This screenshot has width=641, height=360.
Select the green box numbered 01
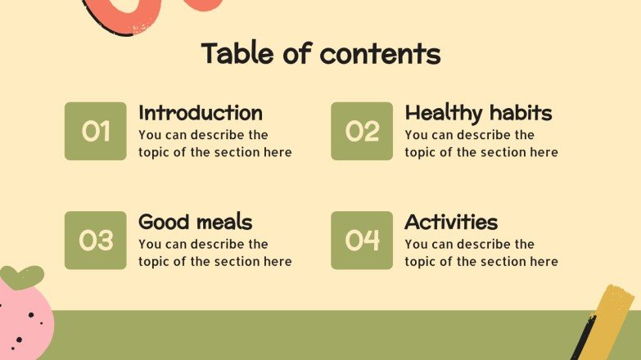pos(96,131)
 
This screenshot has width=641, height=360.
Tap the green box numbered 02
pos(362,131)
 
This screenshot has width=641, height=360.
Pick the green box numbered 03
pos(96,240)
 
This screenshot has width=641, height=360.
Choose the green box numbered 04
pos(362,240)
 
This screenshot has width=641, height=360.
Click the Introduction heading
pos(201,113)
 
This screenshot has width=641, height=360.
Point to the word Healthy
pos(445,113)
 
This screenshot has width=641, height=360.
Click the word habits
pos(521,113)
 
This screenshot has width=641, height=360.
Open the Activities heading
pos(451,222)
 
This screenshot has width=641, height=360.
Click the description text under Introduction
pos(214,143)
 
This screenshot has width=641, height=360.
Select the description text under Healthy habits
pos(481,143)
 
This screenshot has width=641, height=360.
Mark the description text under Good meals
pos(214,253)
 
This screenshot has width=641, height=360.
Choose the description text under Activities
pos(481,253)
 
